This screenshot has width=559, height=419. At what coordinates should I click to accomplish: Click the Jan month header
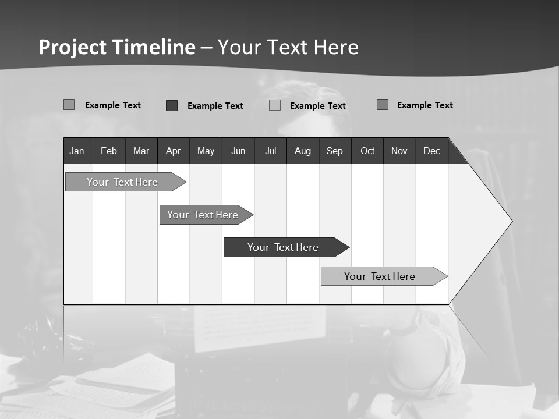pyautogui.click(x=77, y=151)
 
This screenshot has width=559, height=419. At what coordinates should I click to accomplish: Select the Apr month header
pyautogui.click(x=173, y=151)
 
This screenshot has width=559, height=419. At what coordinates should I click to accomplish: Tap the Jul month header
pyautogui.click(x=270, y=151)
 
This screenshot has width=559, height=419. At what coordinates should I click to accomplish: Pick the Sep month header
pyautogui.click(x=334, y=151)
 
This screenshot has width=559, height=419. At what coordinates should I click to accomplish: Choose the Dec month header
pyautogui.click(x=431, y=151)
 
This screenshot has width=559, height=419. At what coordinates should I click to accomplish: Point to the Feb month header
pyautogui.click(x=109, y=151)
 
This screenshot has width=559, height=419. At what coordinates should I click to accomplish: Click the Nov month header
pyautogui.click(x=399, y=151)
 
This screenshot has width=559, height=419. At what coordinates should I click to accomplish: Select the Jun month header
pyautogui.click(x=238, y=151)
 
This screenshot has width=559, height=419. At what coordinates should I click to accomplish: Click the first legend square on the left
pyautogui.click(x=69, y=105)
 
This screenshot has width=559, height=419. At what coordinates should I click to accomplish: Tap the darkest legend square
pyautogui.click(x=171, y=105)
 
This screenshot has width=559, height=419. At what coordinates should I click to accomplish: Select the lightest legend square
pyautogui.click(x=275, y=105)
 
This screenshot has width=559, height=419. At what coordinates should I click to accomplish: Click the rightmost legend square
pyautogui.click(x=382, y=105)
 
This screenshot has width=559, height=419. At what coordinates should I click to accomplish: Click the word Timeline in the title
pyautogui.click(x=154, y=47)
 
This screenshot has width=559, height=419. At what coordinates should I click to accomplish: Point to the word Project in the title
pyautogui.click(x=72, y=47)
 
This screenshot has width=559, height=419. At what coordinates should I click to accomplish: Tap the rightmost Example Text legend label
pyautogui.click(x=424, y=105)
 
